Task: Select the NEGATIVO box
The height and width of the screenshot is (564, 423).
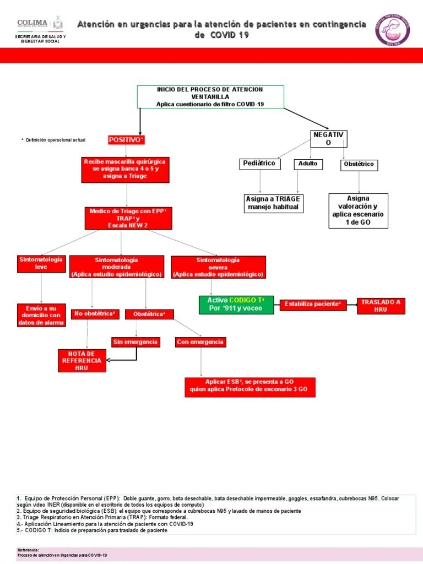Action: [x=329, y=139]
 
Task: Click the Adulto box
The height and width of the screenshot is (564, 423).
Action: [x=308, y=164]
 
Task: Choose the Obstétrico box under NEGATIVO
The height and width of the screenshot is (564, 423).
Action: [x=359, y=164]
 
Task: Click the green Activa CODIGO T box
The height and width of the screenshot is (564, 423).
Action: [x=236, y=304]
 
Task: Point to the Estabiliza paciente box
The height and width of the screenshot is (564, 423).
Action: [x=313, y=305]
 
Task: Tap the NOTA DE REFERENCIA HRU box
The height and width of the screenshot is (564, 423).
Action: [x=82, y=360]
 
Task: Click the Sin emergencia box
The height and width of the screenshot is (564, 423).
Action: [x=135, y=342]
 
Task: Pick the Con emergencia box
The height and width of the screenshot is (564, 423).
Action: [x=200, y=342]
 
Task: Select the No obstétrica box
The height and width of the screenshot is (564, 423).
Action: [x=95, y=314]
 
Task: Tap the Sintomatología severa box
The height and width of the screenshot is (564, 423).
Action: [x=218, y=267]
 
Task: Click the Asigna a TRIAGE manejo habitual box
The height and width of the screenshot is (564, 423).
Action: [x=274, y=203]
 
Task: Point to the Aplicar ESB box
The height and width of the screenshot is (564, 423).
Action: [x=250, y=387]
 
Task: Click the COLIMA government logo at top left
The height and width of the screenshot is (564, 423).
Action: [x=41, y=25]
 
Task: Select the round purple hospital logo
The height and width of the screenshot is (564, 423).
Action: [x=392, y=30]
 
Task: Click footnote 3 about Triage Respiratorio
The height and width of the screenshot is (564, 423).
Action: [x=102, y=517]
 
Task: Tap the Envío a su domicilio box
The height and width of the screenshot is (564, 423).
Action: [x=41, y=314]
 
